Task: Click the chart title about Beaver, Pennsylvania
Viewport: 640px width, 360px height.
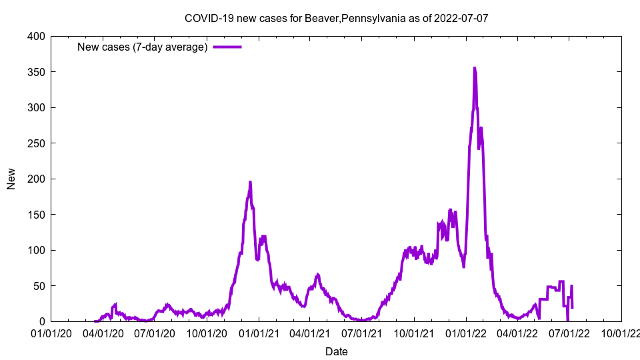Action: (x=336, y=18)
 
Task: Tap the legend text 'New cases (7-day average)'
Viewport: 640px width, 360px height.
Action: (x=142, y=47)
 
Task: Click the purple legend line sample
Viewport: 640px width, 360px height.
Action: (x=227, y=47)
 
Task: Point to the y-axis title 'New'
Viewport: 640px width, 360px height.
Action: (x=11, y=179)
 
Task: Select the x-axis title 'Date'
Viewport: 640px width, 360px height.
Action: (x=336, y=351)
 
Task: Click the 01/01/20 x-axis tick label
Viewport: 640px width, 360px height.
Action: (x=51, y=333)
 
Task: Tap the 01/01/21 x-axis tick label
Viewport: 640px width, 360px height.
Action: (x=259, y=333)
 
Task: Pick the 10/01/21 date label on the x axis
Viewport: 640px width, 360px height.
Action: (x=414, y=333)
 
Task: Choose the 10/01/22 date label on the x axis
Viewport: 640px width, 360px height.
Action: (x=621, y=333)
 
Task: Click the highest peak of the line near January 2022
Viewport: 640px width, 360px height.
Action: (x=475, y=68)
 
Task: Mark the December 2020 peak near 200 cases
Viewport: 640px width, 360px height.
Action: (x=250, y=182)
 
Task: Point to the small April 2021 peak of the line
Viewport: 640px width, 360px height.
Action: (x=317, y=274)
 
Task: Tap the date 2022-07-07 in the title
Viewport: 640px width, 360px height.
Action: (x=461, y=18)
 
